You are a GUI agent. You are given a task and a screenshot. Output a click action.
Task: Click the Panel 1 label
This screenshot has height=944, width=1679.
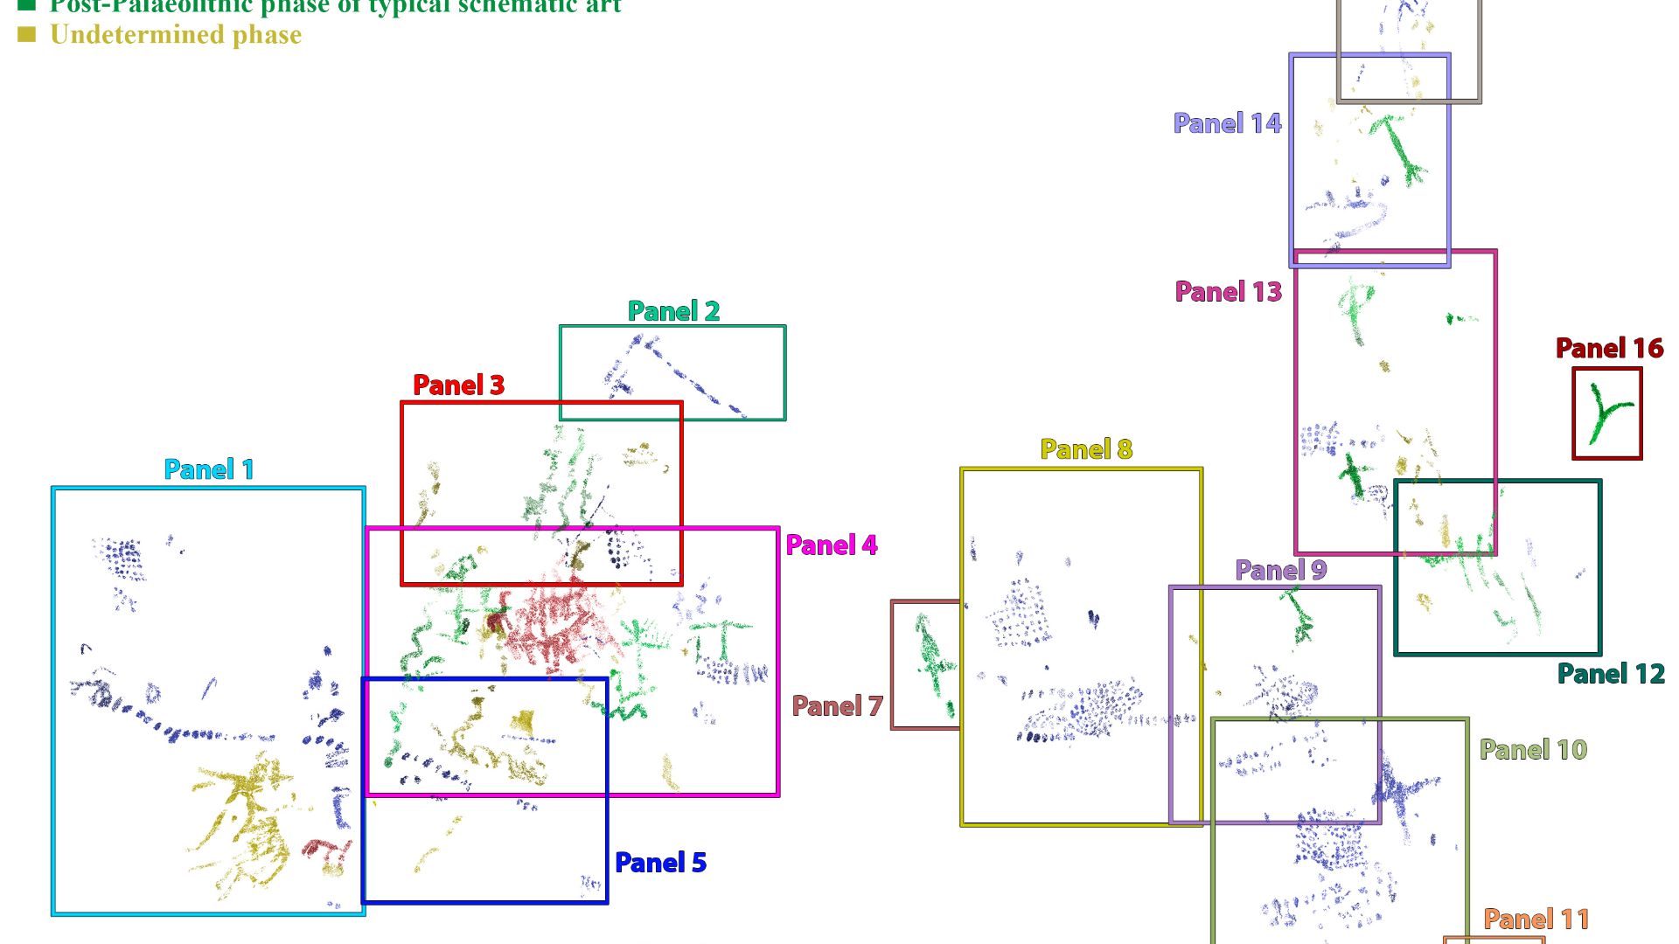(209, 469)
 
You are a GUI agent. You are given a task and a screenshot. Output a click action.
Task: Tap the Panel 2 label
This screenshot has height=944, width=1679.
(673, 311)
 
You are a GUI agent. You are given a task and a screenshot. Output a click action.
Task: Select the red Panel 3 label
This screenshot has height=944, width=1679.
(458, 385)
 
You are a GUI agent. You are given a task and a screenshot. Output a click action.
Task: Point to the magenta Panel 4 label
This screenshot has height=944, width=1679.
(831, 545)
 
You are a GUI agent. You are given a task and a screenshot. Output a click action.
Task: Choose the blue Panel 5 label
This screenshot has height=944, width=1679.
(660, 863)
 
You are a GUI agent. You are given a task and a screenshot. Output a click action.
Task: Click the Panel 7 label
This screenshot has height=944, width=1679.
(837, 706)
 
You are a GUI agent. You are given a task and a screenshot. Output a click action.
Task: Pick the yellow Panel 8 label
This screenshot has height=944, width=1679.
(1086, 449)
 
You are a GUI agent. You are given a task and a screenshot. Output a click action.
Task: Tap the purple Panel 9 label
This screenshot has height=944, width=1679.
(1280, 571)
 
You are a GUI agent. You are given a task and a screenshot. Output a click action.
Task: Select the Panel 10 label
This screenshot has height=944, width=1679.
(1533, 750)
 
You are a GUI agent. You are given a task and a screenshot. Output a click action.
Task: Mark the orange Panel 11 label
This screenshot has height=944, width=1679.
(1536, 920)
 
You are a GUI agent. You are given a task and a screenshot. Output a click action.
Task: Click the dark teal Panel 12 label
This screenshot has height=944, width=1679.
(1611, 674)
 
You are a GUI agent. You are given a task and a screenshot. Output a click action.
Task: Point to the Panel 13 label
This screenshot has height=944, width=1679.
(1228, 292)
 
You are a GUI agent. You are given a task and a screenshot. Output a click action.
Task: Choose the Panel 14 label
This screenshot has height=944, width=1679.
(1227, 123)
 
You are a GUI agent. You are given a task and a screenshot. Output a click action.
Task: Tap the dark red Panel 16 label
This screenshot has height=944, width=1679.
(1609, 349)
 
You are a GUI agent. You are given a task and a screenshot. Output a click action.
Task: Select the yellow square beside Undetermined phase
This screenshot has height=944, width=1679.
(27, 35)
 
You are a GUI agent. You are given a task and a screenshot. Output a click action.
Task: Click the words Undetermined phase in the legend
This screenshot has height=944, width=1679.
(176, 35)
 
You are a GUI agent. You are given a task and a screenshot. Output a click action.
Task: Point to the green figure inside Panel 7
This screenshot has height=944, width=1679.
(932, 664)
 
